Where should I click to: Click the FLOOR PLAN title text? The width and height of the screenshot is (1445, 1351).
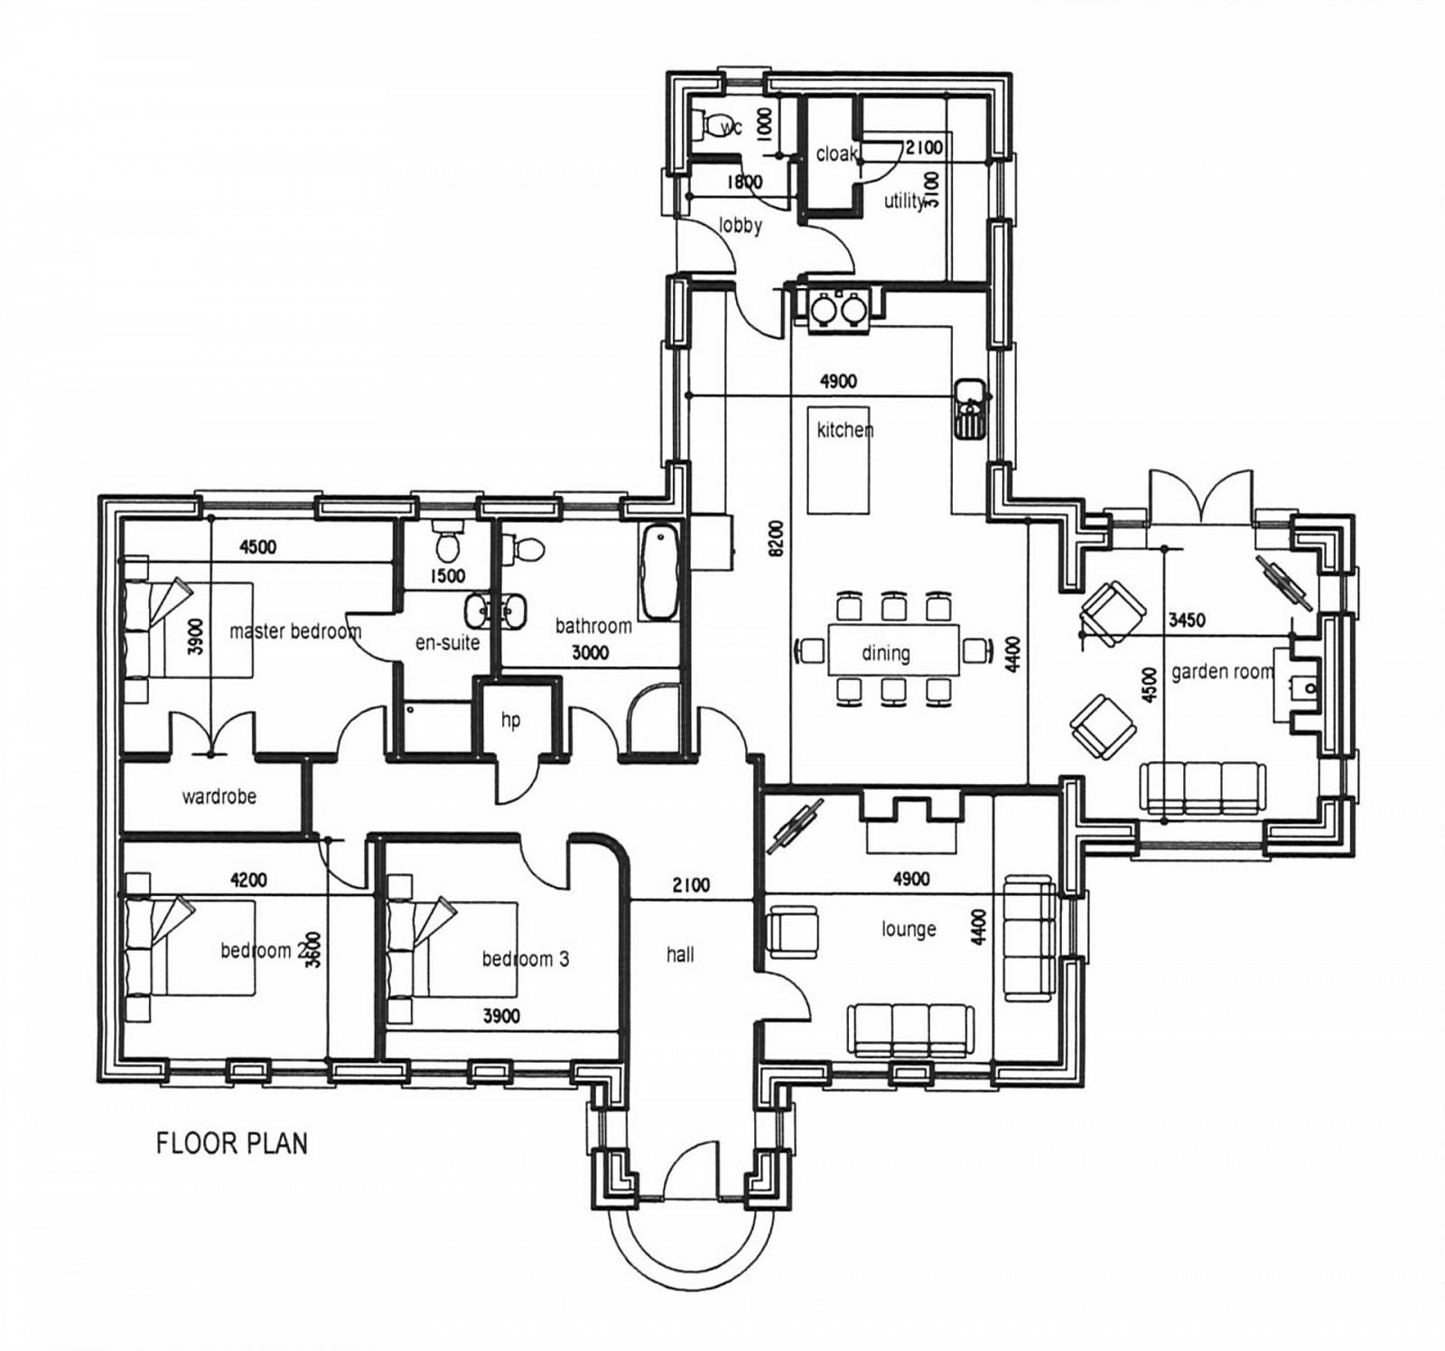tap(232, 1142)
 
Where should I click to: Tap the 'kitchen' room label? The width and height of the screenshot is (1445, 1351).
tap(845, 430)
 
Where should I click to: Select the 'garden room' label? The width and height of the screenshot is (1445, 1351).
tap(1222, 672)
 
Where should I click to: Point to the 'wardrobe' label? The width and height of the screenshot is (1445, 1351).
tap(219, 797)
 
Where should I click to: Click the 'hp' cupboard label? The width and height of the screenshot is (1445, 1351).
tap(510, 721)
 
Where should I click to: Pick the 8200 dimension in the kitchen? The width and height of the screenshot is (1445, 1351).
tap(779, 539)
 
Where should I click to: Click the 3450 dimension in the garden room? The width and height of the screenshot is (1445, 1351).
tap(1187, 620)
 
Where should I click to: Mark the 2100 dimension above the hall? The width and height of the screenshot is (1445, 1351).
tap(691, 885)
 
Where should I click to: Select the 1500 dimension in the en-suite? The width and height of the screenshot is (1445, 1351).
tap(448, 576)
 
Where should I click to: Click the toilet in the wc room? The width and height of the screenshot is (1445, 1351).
tap(716, 126)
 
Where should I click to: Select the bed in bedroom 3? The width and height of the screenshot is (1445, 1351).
tap(452, 948)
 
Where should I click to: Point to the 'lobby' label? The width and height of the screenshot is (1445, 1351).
tap(741, 225)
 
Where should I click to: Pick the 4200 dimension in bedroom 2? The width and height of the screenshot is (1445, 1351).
tap(248, 880)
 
